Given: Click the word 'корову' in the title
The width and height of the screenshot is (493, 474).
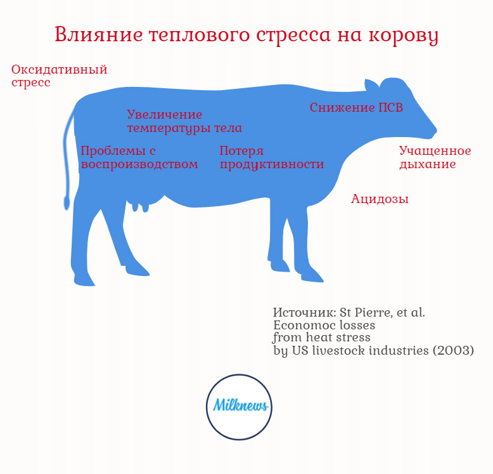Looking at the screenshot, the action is (404, 36).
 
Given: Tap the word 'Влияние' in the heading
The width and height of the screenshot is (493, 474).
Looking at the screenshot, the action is (99, 34).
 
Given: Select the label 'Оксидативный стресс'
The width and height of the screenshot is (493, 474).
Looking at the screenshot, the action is (59, 76).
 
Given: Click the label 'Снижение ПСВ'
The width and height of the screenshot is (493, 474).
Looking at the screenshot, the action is (356, 107).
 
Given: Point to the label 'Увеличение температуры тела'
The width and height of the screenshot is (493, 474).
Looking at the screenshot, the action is (184, 121).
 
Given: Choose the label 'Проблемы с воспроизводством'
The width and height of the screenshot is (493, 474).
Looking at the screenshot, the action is (139, 157).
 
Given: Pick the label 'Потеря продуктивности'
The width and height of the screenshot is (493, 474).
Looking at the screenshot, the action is (272, 158).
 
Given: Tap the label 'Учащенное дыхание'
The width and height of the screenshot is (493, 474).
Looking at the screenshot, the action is (435, 157).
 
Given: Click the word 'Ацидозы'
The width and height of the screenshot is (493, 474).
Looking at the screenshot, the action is (380, 199).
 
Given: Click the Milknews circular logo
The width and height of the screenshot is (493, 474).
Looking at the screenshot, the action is (239, 407).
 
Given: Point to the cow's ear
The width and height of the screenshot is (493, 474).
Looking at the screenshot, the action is (371, 85).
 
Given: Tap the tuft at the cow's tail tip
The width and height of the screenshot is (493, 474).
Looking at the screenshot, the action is (67, 202).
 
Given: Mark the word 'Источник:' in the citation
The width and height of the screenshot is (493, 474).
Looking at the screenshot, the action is (305, 313).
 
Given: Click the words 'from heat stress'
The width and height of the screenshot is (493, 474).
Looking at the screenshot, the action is (321, 338).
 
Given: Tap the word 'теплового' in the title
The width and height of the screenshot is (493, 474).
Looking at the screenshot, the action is (200, 36).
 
